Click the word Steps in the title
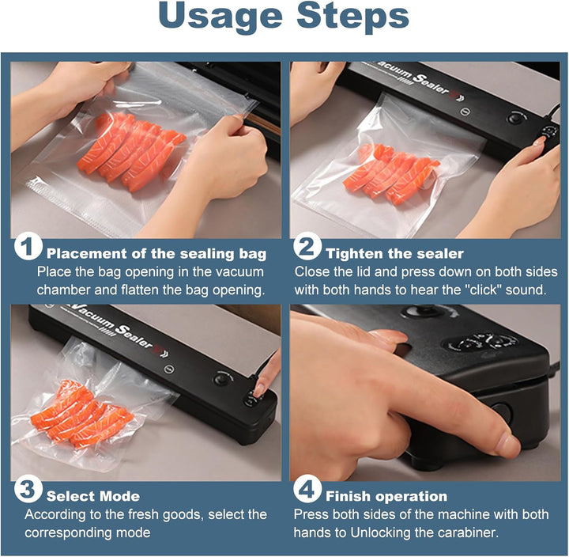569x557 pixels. pyautogui.click(x=353, y=17)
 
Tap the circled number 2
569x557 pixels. pyautogui.click(x=307, y=247)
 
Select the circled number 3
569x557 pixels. pyautogui.click(x=28, y=490)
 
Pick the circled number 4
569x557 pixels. pyautogui.click(x=307, y=490)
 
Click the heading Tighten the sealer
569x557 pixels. pyautogui.click(x=395, y=253)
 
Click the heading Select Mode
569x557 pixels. pyautogui.click(x=93, y=496)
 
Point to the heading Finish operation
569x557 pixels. pyautogui.click(x=386, y=496)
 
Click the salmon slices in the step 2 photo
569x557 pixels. pyautogui.click(x=391, y=173)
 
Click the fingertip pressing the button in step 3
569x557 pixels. pyautogui.click(x=259, y=390)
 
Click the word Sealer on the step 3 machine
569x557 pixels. pyautogui.click(x=135, y=337)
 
